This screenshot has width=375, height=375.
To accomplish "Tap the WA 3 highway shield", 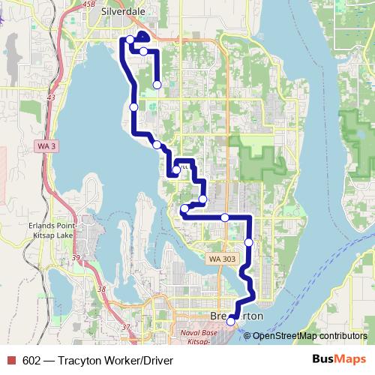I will tap(46, 148).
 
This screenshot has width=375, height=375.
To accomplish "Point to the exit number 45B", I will tap(89, 4).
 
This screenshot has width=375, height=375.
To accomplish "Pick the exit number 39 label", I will tap(76, 258).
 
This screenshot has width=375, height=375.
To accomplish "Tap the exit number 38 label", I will tap(102, 288).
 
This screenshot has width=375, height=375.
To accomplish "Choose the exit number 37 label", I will tap(125, 327).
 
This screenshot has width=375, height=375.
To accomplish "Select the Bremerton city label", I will tap(237, 316).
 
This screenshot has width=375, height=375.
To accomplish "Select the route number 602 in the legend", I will tap(32, 359).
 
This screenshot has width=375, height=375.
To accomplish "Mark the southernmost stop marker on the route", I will tap(231, 321).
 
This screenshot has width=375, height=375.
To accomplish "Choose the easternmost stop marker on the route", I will tap(248, 242).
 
